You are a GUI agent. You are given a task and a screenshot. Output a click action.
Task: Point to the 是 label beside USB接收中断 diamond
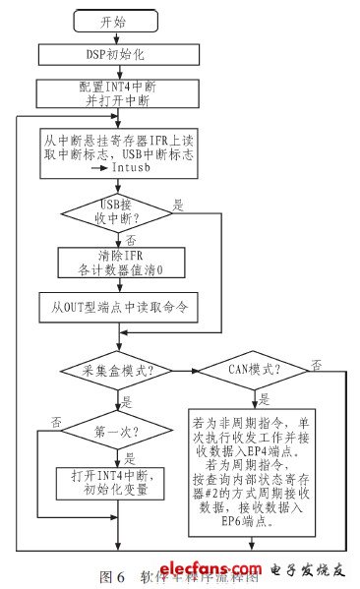pyautogui.click(x=179, y=206)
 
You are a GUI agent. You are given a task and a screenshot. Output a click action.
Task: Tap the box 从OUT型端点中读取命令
pyautogui.click(x=119, y=306)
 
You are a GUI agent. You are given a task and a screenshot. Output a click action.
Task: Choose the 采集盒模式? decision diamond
pyautogui.click(x=119, y=370)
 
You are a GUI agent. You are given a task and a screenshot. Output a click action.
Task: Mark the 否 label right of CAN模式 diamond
pyautogui.click(x=316, y=364)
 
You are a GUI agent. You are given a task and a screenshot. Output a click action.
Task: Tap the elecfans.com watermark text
pyautogui.click(x=226, y=570)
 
